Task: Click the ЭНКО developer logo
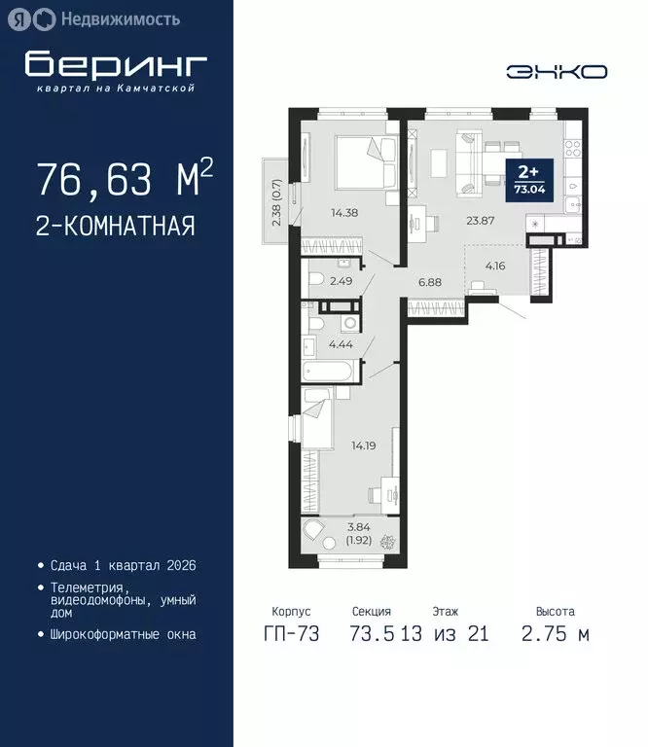tap(557, 71)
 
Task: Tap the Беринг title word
tap(117, 64)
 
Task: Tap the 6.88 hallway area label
tap(431, 282)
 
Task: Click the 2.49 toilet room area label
tap(342, 282)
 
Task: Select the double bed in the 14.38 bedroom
tap(366, 160)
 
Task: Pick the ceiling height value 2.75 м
tap(555, 634)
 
